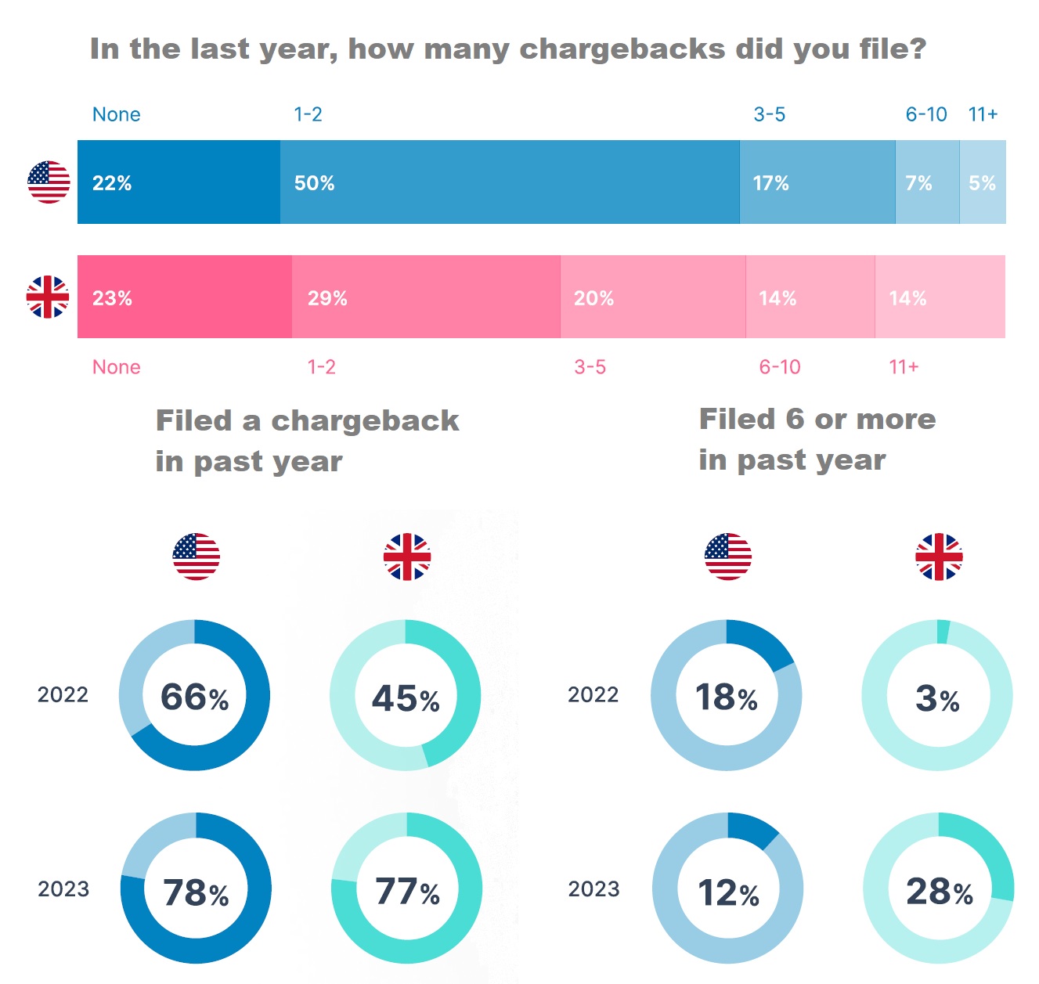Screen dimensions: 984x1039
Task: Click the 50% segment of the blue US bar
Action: [509, 182]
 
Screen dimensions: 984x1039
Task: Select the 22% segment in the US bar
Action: [179, 182]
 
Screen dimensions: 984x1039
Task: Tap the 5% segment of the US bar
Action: [983, 182]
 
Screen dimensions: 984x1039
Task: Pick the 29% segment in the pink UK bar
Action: [426, 297]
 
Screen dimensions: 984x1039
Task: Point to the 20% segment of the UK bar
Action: [653, 297]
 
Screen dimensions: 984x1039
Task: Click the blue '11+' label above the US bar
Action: [983, 114]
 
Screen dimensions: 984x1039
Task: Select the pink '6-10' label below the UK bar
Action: [780, 367]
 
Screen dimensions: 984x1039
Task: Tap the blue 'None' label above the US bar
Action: [117, 114]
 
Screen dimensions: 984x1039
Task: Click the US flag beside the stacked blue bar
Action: [49, 182]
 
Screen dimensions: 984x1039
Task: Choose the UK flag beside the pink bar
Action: [48, 297]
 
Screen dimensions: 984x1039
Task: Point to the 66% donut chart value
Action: [194, 697]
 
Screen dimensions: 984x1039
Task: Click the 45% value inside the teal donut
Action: [406, 698]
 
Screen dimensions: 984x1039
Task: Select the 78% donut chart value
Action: [196, 892]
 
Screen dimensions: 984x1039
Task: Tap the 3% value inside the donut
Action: [937, 698]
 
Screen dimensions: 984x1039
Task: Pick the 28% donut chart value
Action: [939, 892]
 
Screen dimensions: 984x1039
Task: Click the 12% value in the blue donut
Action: [728, 892]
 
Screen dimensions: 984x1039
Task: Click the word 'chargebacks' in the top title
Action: [622, 49]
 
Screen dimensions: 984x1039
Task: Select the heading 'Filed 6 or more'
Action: [817, 419]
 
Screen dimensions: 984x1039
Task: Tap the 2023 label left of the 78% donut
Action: [63, 889]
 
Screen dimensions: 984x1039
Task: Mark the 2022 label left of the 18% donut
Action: [593, 694]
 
